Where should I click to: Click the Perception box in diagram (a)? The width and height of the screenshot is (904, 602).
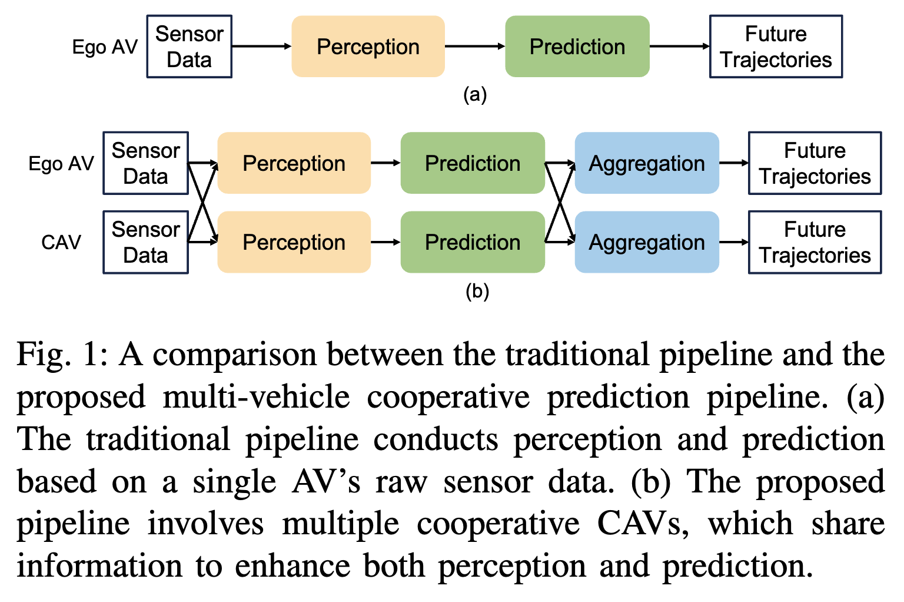368,47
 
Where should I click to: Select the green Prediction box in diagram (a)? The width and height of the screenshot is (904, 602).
577,47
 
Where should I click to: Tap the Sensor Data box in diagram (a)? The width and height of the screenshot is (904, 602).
189,47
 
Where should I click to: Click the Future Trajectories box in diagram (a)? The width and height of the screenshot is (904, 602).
776,47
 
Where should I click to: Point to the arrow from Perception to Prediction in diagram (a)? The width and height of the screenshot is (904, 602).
474,47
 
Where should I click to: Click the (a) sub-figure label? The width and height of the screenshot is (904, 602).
475,94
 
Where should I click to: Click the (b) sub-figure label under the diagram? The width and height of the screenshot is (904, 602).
477,291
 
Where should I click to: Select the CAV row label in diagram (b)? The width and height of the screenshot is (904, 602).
61,242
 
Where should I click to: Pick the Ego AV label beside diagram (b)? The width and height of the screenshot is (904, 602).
61,163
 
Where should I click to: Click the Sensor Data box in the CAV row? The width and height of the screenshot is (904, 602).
145,242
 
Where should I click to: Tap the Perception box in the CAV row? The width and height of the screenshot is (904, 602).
294,242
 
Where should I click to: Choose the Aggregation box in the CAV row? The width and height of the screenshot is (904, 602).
646,242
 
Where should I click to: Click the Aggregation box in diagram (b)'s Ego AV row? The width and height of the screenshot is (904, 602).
646,163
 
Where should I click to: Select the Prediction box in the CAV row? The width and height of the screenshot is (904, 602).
473,242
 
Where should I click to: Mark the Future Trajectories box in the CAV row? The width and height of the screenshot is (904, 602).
815,242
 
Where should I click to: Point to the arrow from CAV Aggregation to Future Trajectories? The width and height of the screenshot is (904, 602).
733,242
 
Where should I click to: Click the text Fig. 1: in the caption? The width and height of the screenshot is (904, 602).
62,355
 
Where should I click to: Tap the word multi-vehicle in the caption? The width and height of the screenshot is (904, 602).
256,397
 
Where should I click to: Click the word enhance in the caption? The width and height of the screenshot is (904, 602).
292,566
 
